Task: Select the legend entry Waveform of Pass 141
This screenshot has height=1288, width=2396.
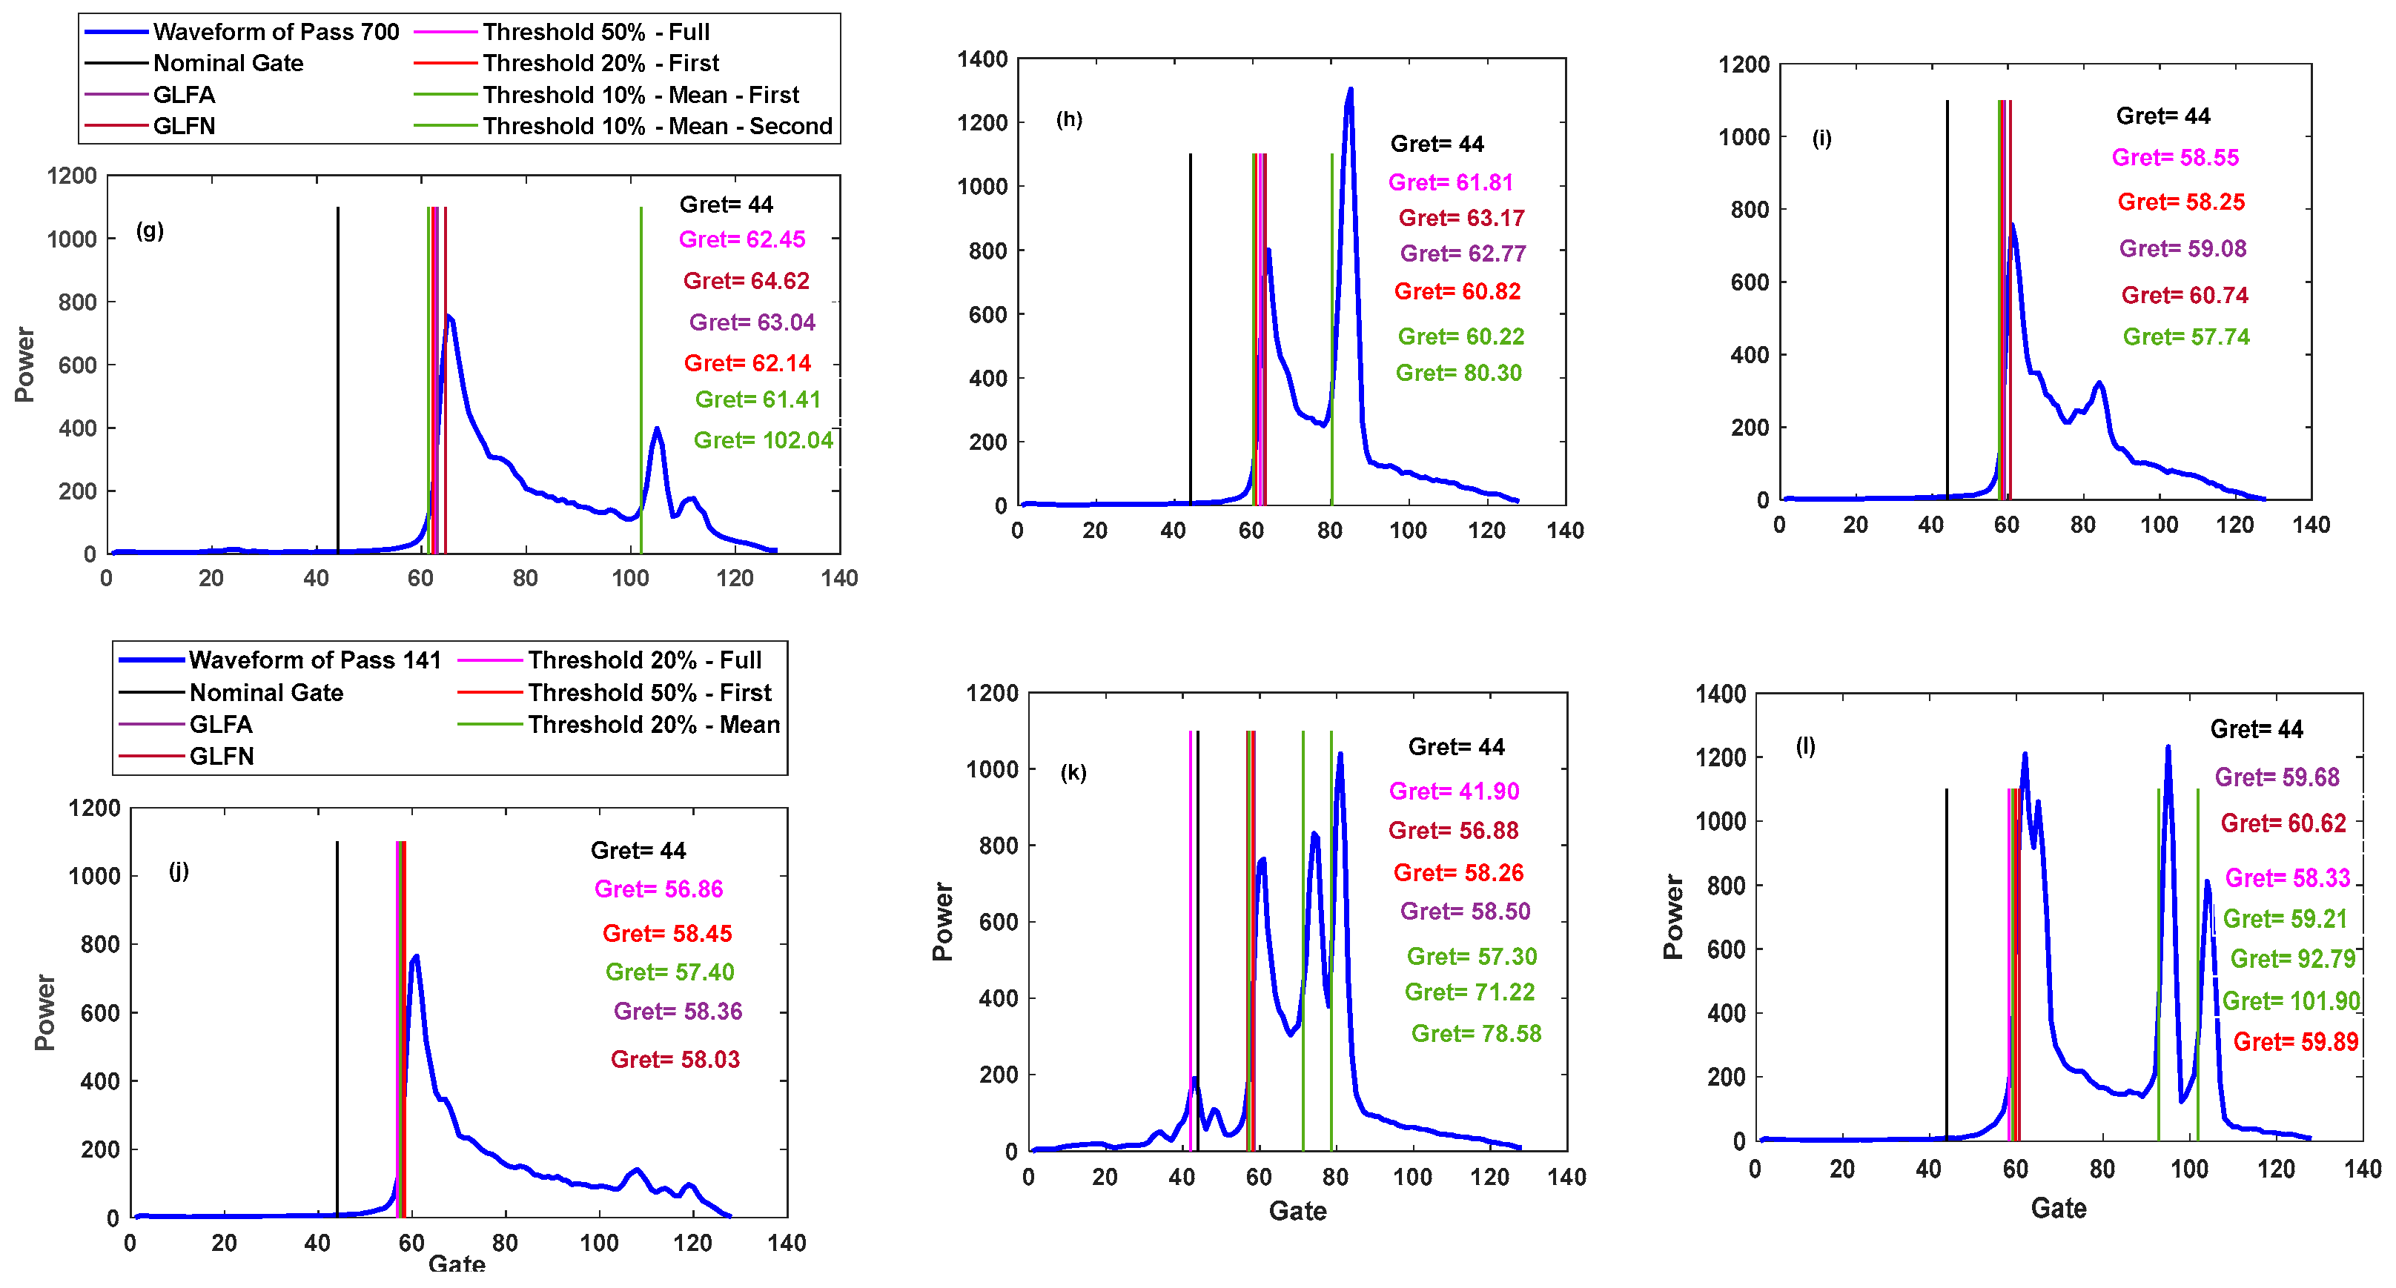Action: tap(314, 660)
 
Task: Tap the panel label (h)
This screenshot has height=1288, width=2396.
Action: tap(1069, 119)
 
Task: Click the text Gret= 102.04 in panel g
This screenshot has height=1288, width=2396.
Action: tap(763, 440)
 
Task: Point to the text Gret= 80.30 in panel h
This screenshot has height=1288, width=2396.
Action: tap(1458, 373)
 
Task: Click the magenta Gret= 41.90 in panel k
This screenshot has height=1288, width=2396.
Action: tap(1453, 791)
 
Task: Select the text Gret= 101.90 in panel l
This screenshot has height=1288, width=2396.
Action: tap(2290, 1001)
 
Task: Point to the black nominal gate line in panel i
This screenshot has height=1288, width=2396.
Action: tap(1947, 298)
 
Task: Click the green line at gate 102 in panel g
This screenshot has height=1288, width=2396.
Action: tap(641, 372)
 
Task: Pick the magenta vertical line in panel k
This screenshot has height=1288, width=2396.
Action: tap(1190, 930)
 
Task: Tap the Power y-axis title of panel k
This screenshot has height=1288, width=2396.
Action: tap(942, 920)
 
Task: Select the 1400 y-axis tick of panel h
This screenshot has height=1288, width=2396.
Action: tap(982, 59)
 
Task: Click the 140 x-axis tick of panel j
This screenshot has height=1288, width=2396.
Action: tap(786, 1243)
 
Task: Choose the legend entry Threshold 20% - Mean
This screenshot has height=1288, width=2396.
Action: tap(653, 725)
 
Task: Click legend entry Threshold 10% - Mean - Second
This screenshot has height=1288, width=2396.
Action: tap(657, 127)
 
